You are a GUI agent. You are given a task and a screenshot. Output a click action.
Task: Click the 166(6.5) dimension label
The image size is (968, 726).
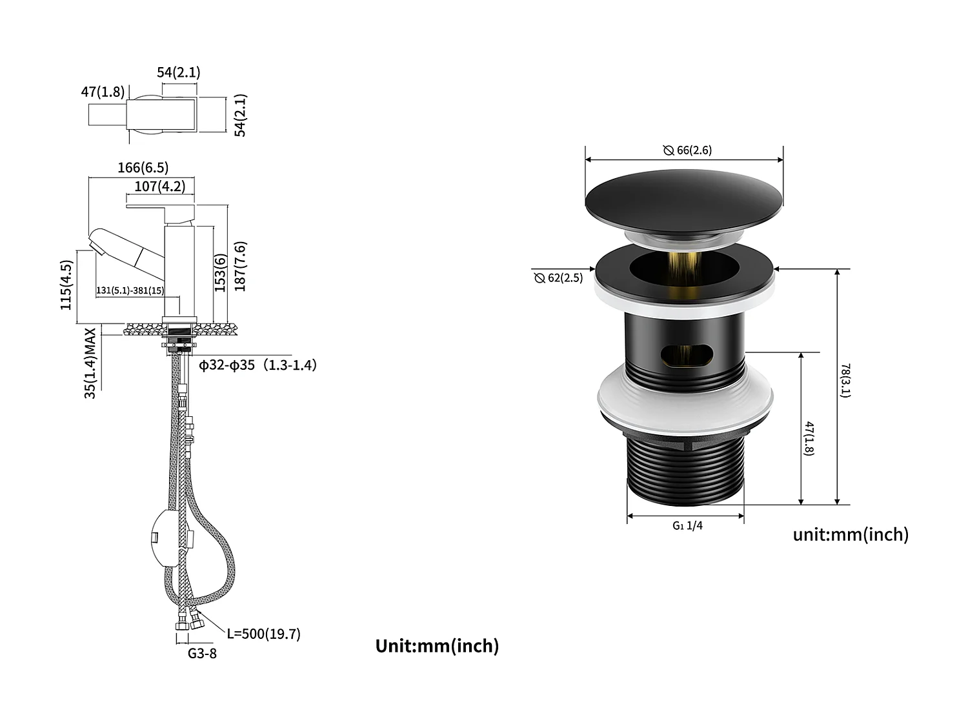point(143,168)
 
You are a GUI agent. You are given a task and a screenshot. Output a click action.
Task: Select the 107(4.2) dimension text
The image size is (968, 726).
point(159,187)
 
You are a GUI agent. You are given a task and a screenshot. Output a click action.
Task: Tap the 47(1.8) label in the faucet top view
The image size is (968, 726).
point(103,92)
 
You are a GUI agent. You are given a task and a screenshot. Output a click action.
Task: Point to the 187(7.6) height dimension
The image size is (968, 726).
point(240,267)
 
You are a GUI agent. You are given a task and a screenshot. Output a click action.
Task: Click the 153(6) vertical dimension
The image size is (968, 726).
point(221,273)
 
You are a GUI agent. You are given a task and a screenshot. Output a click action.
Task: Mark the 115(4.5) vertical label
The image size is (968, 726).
point(66,285)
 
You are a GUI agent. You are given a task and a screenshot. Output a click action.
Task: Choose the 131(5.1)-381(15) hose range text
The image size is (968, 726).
point(130,291)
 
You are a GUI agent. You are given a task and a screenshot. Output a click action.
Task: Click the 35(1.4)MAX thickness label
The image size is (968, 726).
point(90,363)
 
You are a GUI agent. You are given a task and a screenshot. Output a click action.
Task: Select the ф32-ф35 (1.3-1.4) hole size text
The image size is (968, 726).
point(257,365)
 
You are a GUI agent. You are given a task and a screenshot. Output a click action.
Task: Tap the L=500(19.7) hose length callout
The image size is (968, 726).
point(263,634)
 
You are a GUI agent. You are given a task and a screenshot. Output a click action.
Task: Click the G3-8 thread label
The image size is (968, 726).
point(202,653)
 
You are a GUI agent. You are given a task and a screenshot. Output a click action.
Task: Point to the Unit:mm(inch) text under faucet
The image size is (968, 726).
point(437,646)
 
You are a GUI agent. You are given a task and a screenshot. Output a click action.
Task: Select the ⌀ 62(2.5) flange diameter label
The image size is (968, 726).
point(558,278)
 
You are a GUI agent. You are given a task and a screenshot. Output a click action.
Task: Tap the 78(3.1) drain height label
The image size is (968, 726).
point(845,381)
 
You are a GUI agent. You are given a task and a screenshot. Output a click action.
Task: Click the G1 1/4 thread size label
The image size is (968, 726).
point(687,525)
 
